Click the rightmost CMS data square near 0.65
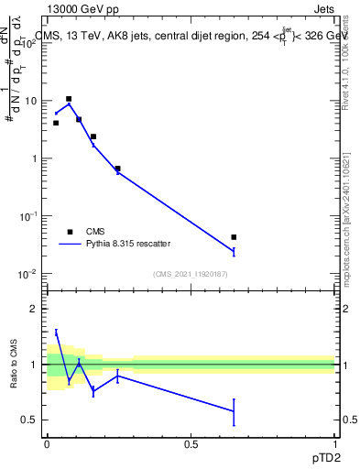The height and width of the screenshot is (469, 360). pyautogui.click(x=235, y=237)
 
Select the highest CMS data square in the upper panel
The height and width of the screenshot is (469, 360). pyautogui.click(x=69, y=99)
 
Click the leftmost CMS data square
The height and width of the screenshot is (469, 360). pyautogui.click(x=56, y=123)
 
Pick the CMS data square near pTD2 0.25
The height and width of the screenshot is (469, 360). pyautogui.click(x=118, y=169)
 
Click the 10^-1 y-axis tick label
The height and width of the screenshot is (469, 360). pyautogui.click(x=29, y=216)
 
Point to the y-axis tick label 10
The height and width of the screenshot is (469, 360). pyautogui.click(x=32, y=101)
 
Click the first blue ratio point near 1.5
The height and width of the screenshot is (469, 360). pyautogui.click(x=56, y=333)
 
